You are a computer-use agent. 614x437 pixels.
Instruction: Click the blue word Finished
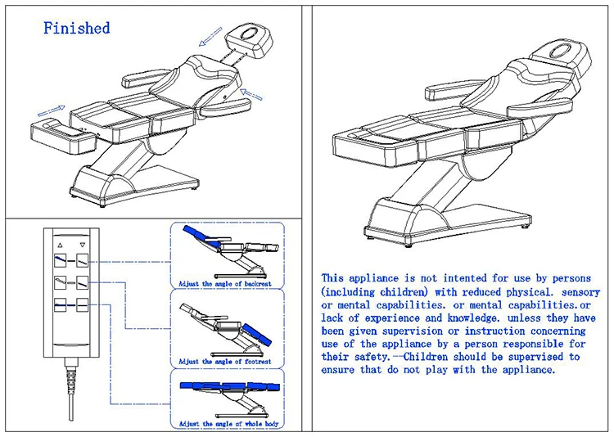76,28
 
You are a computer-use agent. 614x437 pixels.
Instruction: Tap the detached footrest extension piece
62,131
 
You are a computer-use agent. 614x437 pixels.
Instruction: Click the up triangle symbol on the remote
58,243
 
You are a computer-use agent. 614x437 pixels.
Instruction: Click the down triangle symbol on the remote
82,243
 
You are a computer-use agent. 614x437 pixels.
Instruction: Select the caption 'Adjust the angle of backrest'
225,284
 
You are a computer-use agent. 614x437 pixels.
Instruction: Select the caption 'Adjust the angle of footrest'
225,361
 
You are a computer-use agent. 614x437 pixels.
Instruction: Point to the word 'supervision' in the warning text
425,331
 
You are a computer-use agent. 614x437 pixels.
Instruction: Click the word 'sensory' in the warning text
580,292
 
